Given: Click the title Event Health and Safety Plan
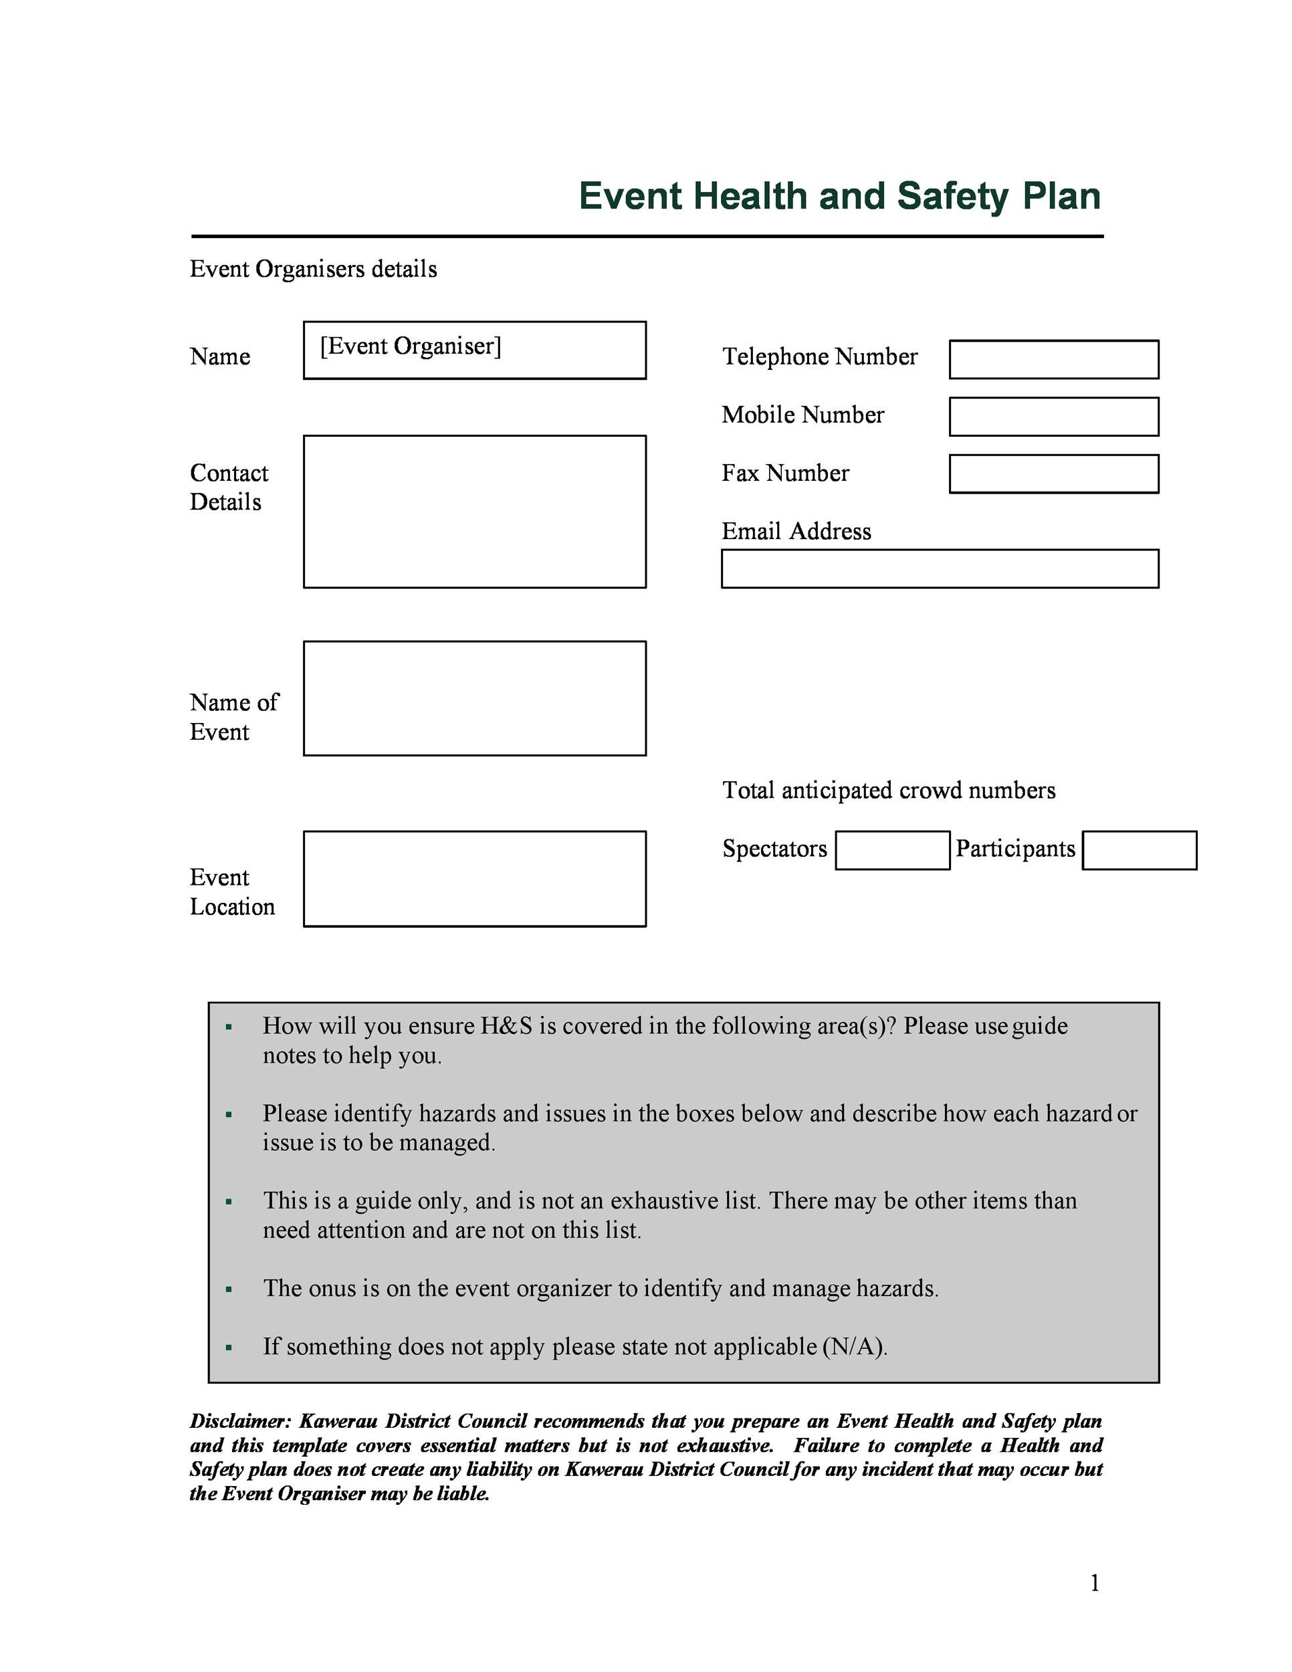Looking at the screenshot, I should click(839, 196).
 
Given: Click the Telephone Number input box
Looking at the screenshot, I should click(1053, 359).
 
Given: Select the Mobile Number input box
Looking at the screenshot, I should click(1053, 417).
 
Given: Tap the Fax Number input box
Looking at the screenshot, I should click(1053, 474).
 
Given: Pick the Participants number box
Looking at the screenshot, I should click(1139, 850).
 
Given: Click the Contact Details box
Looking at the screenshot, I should click(475, 512).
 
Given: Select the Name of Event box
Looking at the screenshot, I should click(475, 698).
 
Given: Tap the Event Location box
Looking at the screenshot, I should click(475, 878).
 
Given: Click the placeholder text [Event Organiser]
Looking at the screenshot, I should click(410, 346).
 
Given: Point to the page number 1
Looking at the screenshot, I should click(1095, 1582).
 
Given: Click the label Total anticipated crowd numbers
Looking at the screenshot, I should click(888, 790).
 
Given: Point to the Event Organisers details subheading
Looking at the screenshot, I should click(313, 269).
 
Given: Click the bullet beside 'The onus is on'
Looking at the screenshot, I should click(229, 1290).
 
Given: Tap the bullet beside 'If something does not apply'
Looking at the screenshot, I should click(229, 1348).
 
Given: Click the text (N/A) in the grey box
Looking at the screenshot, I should click(854, 1347).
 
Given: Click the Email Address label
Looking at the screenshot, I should click(796, 531).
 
